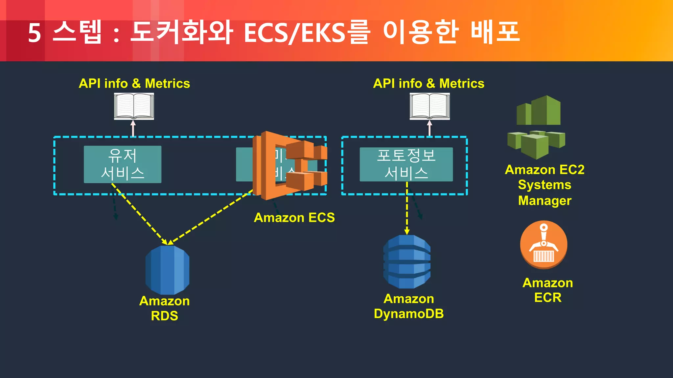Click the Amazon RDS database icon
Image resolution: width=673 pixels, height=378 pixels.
click(x=167, y=270)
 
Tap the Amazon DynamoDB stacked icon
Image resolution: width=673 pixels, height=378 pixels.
click(x=407, y=262)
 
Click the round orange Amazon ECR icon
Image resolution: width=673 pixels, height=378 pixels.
click(x=544, y=244)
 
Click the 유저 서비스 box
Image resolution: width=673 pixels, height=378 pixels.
click(x=122, y=164)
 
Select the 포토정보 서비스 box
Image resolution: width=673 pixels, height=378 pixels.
click(x=406, y=164)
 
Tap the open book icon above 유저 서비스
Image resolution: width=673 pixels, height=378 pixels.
click(x=134, y=106)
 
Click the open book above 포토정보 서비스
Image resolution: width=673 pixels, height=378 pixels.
click(x=429, y=106)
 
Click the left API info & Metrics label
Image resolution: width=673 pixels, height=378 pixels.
click(x=134, y=83)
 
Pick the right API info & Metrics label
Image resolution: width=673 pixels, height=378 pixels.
click(x=429, y=83)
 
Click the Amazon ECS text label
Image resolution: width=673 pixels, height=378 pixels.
click(x=294, y=218)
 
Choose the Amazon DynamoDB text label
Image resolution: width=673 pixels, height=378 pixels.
click(x=409, y=306)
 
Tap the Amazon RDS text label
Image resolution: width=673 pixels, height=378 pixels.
click(x=164, y=308)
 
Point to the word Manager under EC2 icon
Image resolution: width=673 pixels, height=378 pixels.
click(x=545, y=200)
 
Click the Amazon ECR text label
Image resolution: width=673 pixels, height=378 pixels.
click(x=547, y=290)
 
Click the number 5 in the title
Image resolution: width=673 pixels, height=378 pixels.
click(x=34, y=33)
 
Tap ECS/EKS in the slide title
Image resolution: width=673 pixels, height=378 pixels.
click(x=294, y=33)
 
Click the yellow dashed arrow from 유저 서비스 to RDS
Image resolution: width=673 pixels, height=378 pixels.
click(x=140, y=214)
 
